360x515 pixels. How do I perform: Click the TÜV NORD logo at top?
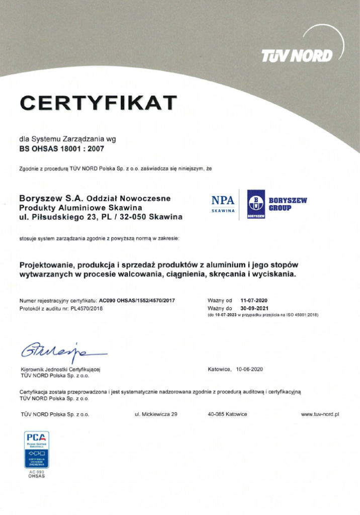(x=297, y=55)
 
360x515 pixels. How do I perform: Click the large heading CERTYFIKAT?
(x=98, y=103)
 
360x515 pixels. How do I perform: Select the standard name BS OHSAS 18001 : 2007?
(x=62, y=149)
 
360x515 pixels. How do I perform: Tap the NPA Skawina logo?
(x=223, y=204)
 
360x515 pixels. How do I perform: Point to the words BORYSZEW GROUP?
(x=287, y=204)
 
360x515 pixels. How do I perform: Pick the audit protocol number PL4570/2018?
(x=86, y=308)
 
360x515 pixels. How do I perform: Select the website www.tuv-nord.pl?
(x=320, y=414)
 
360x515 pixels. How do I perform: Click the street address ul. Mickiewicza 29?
(x=156, y=414)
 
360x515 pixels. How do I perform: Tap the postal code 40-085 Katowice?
(x=227, y=414)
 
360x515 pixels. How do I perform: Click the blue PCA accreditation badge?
(x=37, y=450)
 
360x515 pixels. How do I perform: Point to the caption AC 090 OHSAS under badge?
(x=37, y=474)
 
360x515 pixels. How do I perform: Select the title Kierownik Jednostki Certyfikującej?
(x=61, y=369)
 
